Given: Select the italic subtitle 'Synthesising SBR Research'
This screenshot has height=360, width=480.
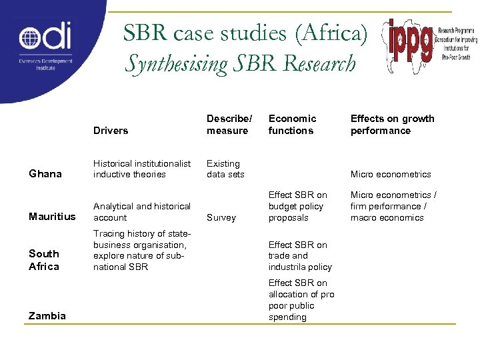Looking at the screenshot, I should point(240,64).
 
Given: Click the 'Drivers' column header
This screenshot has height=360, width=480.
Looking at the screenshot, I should point(111,131).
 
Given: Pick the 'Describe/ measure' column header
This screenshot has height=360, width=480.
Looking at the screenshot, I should point(229,125).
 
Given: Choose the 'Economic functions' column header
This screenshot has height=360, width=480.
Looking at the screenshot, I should point(292,125).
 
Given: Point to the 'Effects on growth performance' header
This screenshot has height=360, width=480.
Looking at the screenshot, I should point(392,125).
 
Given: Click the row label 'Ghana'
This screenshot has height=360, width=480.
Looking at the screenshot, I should point(45,174).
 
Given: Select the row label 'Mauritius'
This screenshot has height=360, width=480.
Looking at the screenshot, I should point(52,217).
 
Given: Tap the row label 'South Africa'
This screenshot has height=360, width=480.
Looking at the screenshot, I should point(44,260).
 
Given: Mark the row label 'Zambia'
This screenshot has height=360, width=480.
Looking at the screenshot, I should point(47,316).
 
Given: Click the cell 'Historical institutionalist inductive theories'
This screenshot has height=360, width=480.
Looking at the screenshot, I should point(142,169).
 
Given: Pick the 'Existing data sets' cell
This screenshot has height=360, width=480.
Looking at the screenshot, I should point(225,169).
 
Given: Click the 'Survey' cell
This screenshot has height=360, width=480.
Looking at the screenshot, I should point(221,217).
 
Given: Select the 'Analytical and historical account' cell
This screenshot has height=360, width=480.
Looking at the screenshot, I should point(142,212).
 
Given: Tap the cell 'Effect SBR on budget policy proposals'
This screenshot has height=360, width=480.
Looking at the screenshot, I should point(297,206).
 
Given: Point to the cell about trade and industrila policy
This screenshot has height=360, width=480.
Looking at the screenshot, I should point(299,256).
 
